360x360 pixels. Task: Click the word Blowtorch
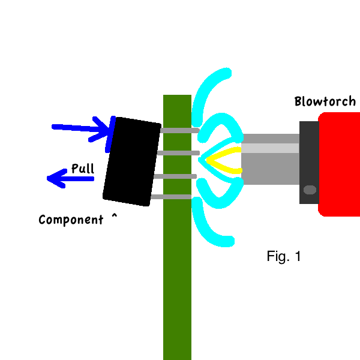click(325, 101)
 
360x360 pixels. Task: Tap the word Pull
click(82, 169)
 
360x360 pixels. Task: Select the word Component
click(71, 220)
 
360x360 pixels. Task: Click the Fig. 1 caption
click(283, 257)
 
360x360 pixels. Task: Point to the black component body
click(131, 161)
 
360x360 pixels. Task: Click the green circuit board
click(177, 270)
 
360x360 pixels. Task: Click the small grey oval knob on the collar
click(310, 190)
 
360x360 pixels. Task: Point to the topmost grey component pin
click(179, 130)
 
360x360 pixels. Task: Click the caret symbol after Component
click(113, 217)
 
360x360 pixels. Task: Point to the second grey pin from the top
click(178, 153)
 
